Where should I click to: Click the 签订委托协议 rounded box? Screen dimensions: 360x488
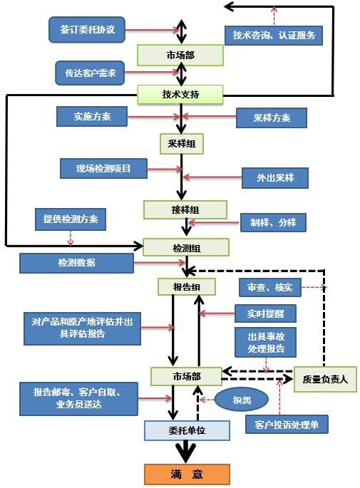pos(87,30)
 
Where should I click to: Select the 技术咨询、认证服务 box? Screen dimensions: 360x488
pos(274,35)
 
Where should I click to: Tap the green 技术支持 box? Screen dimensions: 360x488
pos(180,94)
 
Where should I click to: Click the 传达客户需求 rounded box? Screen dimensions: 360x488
pos(90,73)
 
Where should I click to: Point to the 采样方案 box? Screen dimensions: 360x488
pos(271,118)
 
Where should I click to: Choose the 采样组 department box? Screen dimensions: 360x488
pos(182,144)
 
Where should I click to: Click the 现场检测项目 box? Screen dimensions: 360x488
pos(103,168)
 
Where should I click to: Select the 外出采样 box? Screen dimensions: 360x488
pos(275,177)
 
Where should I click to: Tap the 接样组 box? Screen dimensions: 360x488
pos(185,209)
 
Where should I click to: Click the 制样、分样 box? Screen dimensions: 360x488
pos(273,222)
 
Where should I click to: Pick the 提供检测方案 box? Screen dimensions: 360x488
pos(71,219)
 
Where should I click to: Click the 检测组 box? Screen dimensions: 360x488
pos(186,248)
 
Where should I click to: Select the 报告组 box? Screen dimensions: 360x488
pos(187,286)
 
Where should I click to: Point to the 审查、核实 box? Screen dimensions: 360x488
pos(270,287)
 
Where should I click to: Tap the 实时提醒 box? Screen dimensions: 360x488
pos(265,313)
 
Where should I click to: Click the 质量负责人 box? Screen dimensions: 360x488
pos(325,379)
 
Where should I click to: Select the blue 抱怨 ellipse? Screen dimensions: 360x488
pos(242,400)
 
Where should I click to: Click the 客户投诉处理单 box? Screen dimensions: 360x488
pos(287,424)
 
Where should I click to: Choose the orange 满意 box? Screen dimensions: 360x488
pos(187,474)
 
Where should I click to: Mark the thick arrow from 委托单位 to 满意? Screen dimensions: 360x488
pos(186,452)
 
